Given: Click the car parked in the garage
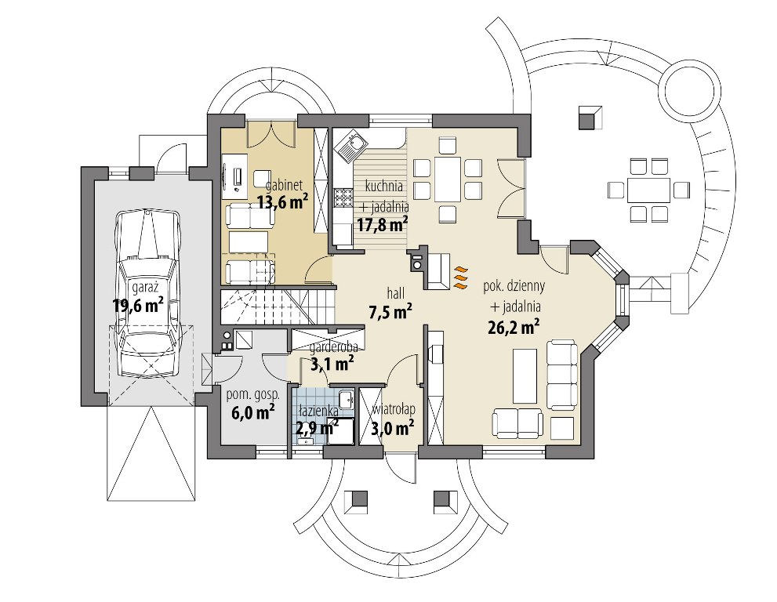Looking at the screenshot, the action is [148, 293].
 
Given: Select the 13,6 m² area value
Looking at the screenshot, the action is [282, 202].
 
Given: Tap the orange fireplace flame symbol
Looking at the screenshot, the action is [461, 277].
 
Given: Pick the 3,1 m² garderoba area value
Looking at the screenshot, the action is [332, 365].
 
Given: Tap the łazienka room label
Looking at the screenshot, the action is [319, 411].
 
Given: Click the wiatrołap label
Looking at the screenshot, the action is [394, 410].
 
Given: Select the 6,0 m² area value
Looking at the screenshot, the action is [252, 412].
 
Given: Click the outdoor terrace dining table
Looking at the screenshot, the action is [648, 189].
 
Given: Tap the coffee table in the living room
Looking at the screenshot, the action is [525, 375].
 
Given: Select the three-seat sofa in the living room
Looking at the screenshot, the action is [562, 374].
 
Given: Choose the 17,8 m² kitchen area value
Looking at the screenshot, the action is [382, 224].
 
